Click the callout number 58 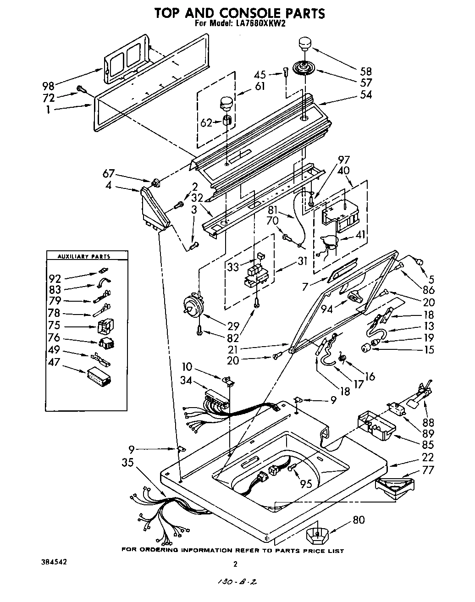click(365, 72)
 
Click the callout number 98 click(48, 86)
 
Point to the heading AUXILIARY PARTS click(87, 257)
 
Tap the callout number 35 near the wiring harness click(127, 463)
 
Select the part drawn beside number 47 click(99, 377)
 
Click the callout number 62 click(206, 123)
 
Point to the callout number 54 click(365, 95)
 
